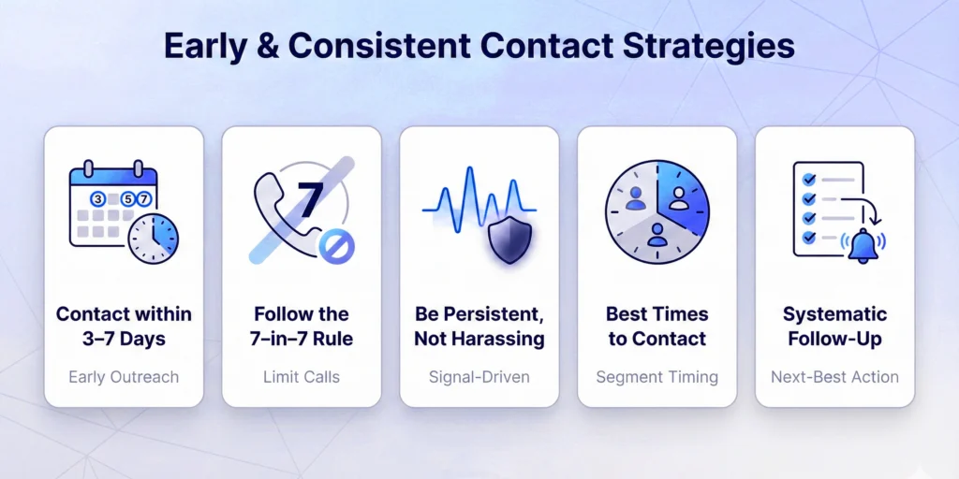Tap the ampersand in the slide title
267,46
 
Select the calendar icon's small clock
154,239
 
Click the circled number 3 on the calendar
96,198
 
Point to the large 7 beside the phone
310,199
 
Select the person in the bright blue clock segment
678,197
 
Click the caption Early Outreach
124,377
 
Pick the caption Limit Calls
302,377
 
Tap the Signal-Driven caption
479,377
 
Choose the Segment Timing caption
657,377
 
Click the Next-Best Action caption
834,377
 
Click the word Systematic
834,314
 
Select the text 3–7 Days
124,339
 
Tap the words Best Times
657,314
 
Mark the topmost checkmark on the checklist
809,180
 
